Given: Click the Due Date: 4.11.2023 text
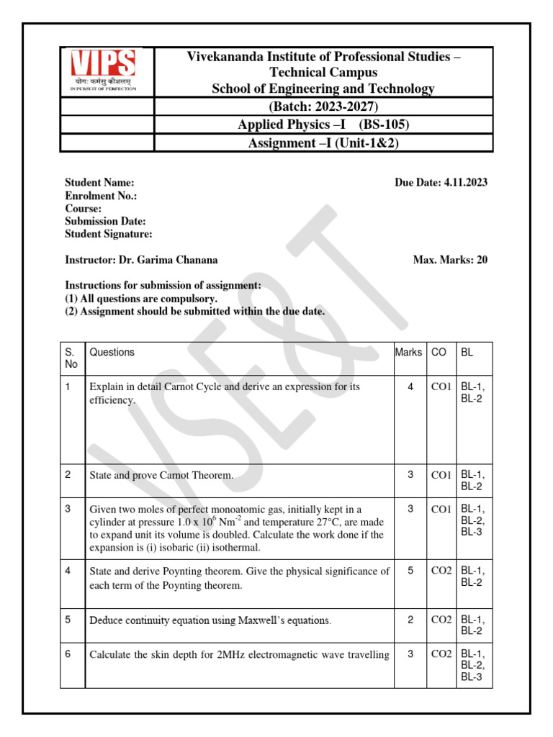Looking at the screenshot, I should [x=441, y=183].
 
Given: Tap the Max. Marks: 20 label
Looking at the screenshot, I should [x=449, y=260].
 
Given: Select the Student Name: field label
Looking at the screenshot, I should [x=99, y=183].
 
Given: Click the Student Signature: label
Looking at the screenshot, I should [x=108, y=235].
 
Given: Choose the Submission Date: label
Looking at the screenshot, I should [x=105, y=222].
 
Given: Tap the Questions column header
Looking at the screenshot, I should [x=112, y=352].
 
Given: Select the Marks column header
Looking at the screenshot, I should [x=408, y=352].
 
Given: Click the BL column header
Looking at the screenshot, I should [x=467, y=352].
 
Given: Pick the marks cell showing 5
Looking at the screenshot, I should [x=410, y=571].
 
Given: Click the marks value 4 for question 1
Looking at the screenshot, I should [x=410, y=386].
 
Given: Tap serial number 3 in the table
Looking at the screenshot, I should [x=68, y=509].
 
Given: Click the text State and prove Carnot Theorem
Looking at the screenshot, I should [x=161, y=475].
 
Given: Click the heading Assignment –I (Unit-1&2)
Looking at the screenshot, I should [x=323, y=143].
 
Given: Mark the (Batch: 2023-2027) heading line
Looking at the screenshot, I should [x=323, y=107].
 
